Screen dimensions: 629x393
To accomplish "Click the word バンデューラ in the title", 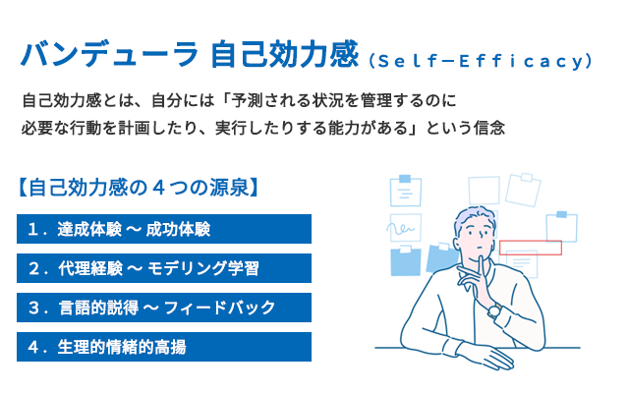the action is click(109, 54).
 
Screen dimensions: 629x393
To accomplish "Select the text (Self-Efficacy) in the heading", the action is click(481, 61).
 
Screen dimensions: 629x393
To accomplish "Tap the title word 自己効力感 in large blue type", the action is click(284, 54).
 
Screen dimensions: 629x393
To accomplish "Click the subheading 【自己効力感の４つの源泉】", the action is click(138, 188).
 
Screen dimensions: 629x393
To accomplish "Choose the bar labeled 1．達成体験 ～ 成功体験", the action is click(164, 229).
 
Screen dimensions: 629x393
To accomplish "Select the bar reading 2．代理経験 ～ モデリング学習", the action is click(164, 268).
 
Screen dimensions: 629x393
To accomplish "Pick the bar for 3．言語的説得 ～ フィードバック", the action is click(164, 308).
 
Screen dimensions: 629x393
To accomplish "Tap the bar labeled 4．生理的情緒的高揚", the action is click(164, 347).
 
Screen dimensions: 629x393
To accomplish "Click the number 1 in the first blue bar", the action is click(33, 229).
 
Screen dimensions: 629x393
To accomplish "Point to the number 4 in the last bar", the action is click(33, 347).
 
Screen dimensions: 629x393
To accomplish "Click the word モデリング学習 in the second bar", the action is click(203, 268).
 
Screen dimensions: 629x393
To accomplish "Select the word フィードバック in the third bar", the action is click(220, 308).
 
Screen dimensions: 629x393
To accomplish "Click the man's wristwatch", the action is click(494, 310).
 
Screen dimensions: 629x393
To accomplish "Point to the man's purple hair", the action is click(474, 216).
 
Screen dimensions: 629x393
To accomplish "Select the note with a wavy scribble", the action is click(405, 228).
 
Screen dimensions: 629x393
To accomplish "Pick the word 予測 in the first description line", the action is click(247, 100).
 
